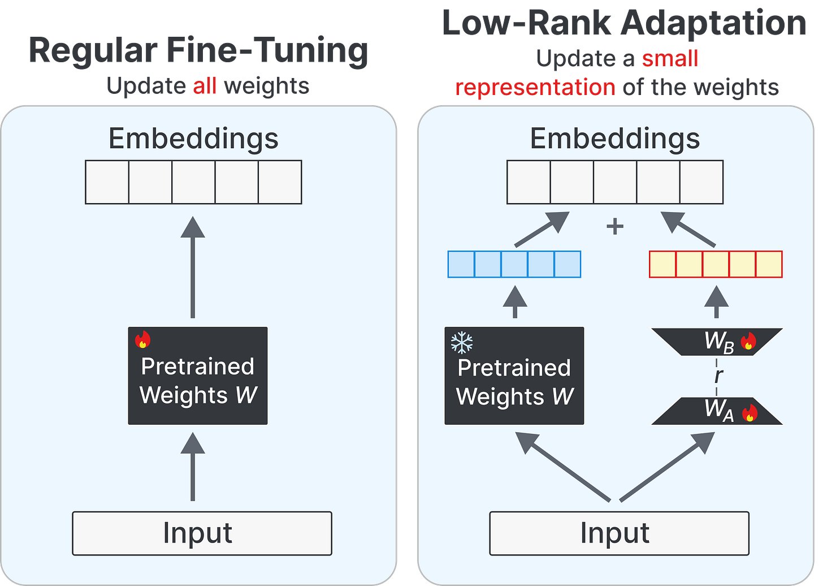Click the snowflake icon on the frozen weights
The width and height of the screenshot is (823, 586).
point(461,343)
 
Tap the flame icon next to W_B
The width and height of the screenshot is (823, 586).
point(748,341)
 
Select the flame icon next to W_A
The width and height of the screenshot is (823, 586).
point(750,413)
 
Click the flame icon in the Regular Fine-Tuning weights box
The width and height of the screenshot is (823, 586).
point(142,339)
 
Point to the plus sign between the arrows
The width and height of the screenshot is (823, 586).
point(614,226)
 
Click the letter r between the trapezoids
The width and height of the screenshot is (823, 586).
point(718,376)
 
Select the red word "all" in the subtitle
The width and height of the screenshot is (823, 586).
point(205,86)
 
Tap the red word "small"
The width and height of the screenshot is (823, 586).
point(670,58)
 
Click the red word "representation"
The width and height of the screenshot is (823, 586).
point(535,88)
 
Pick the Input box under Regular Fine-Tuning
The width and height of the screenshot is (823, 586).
point(202,533)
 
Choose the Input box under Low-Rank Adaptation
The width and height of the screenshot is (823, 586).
point(619,533)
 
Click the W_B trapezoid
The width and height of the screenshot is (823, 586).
point(717,342)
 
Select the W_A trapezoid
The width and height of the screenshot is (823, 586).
point(717,411)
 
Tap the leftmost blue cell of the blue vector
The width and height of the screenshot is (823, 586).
point(461,264)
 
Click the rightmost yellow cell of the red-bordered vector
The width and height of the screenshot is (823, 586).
point(769,264)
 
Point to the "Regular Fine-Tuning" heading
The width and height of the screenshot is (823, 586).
point(198,51)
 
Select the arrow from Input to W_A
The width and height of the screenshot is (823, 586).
point(667,466)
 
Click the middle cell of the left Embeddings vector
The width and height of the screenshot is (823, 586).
point(194,182)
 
